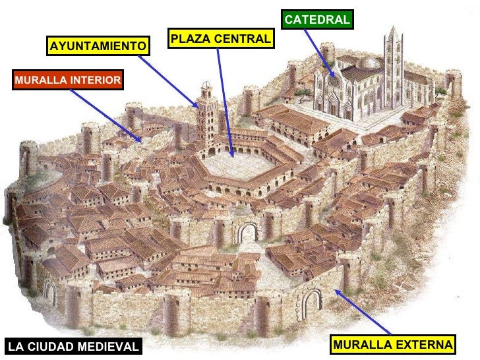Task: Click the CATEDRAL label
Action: (317, 20)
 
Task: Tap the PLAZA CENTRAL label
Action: (220, 39)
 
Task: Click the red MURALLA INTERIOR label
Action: (67, 80)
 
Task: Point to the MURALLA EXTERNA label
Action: (394, 345)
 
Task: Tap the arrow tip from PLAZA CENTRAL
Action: (232, 154)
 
